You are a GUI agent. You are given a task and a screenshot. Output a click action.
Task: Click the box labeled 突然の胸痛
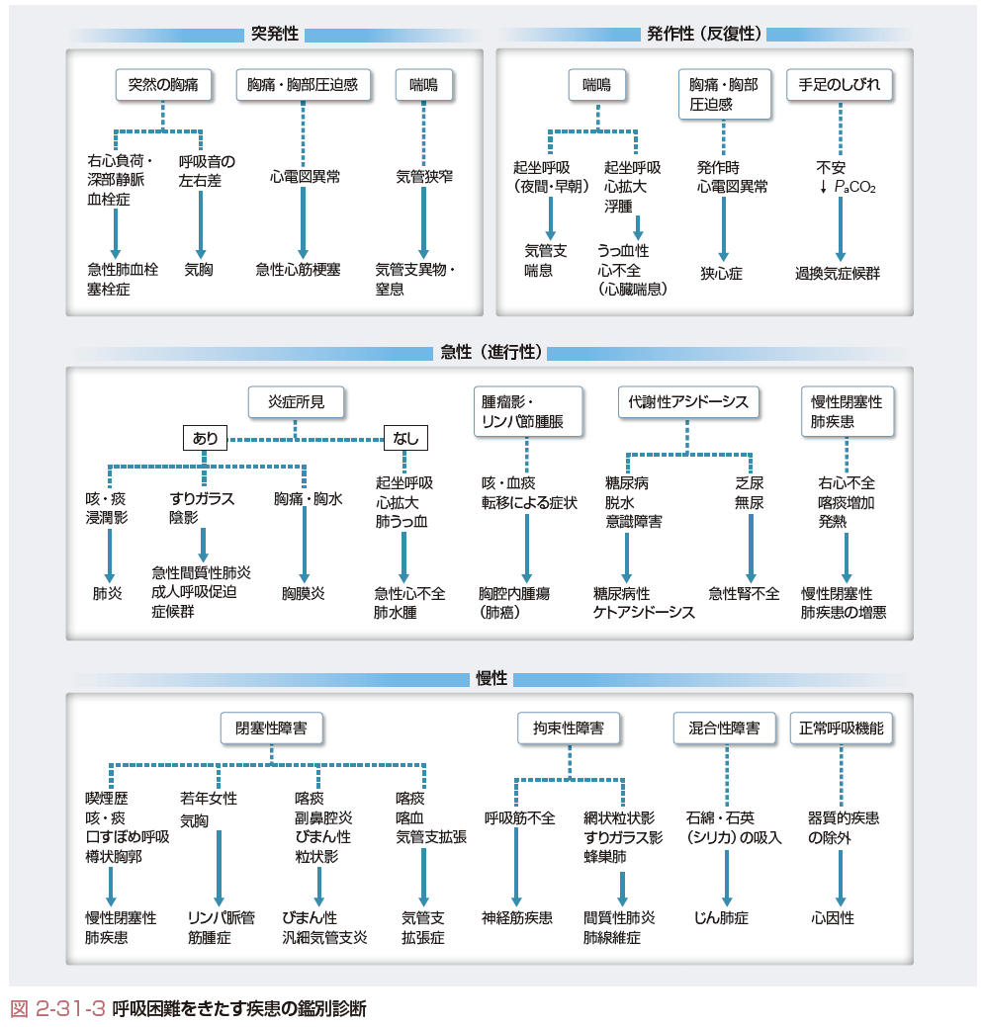pos(163,84)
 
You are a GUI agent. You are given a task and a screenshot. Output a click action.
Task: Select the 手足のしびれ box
pos(840,84)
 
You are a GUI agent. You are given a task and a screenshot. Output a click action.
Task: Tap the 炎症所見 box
pos(297,401)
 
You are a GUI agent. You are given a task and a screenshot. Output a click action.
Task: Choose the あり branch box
pos(205,438)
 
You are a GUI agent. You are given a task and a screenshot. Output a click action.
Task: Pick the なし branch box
pos(405,438)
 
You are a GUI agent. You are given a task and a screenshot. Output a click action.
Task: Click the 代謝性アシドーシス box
pos(688,401)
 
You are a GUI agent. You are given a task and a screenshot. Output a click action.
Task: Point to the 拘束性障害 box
pos(569,727)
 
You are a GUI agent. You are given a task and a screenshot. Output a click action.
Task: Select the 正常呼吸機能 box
pos(842,727)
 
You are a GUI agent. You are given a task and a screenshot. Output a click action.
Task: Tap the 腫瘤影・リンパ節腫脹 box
pos(527,411)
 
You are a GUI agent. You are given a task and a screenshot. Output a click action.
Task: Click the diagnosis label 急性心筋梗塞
pos(299,270)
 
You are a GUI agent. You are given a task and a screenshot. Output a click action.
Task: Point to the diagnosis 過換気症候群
pos(838,273)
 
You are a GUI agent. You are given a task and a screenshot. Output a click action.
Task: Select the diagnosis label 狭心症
pos(722,273)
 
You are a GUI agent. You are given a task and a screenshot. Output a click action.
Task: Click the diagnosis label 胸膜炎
pos(304,593)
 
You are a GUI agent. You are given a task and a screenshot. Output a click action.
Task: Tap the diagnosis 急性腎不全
pos(745,593)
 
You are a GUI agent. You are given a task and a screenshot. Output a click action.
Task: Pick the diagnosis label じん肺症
pos(721,918)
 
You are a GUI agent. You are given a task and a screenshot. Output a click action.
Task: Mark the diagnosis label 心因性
pos(833,918)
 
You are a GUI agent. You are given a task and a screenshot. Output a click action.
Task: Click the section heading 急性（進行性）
pos(491,352)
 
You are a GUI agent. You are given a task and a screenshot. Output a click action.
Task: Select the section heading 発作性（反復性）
pos(704,34)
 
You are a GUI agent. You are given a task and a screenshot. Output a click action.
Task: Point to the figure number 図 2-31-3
pos(57,1008)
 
